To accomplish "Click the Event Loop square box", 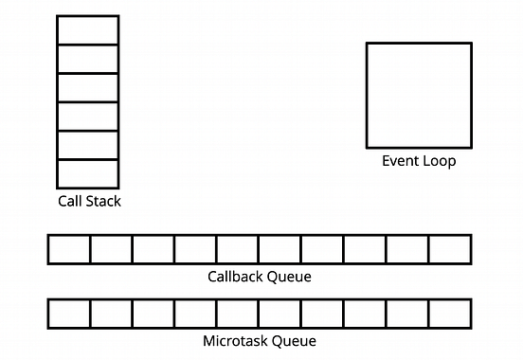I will (419, 95).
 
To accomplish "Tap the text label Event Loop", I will (419, 161).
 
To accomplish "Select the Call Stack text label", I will (89, 201).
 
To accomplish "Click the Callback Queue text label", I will (259, 277).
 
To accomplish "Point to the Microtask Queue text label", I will (259, 340).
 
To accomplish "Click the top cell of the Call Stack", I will (88, 30).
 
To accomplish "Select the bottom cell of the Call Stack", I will (88, 173).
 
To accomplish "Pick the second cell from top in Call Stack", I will (88, 59).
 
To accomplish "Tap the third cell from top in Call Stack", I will (88, 87).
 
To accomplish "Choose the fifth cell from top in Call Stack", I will (88, 145).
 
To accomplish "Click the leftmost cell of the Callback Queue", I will (69, 249).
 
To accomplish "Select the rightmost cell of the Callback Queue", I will (450, 249).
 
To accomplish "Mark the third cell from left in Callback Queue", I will (153, 249).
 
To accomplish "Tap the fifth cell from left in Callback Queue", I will (238, 249).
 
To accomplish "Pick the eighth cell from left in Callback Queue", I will (365, 249).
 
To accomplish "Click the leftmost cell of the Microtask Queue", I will (69, 313).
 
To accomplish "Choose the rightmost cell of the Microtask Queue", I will (450, 313).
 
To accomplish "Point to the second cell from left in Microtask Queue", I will (111, 313).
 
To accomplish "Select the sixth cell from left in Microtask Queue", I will (280, 313).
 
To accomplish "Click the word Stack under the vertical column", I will (103, 201).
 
